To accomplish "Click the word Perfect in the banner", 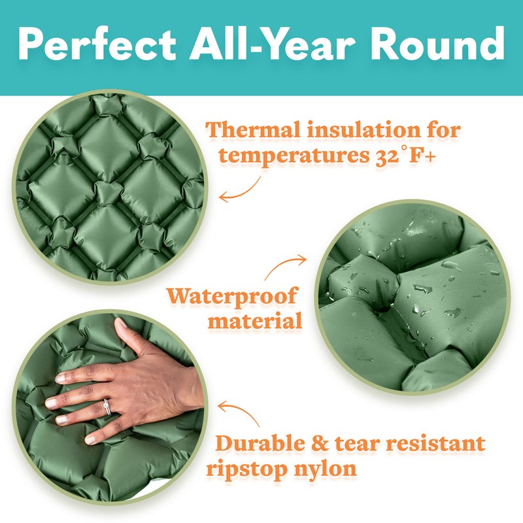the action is click(x=97, y=44).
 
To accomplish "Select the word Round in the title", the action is click(x=437, y=44).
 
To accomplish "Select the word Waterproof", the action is click(x=232, y=296).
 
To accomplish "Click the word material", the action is click(x=255, y=321).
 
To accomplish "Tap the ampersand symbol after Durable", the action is click(x=320, y=444).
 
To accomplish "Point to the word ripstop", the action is click(x=246, y=469).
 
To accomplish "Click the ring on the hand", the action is click(x=107, y=407).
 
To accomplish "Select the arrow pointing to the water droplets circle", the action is click(x=284, y=265).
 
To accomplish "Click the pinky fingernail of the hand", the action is click(x=90, y=440).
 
